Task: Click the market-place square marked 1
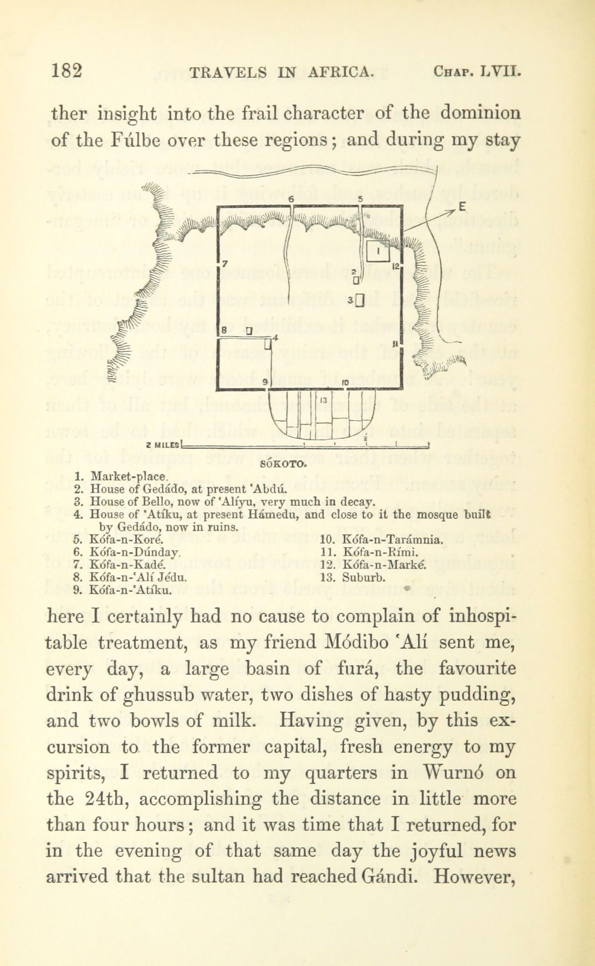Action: (377, 251)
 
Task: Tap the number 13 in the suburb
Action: (324, 400)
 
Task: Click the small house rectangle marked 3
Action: (360, 300)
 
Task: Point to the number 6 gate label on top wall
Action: (292, 199)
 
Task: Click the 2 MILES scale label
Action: (163, 445)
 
